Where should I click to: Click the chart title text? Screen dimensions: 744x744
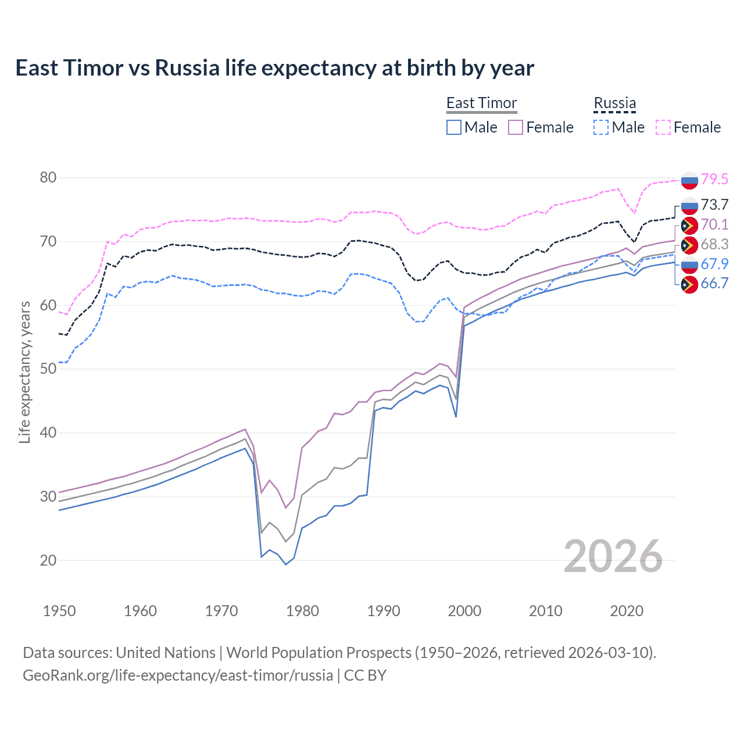274,68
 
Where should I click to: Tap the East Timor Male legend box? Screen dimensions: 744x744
454,127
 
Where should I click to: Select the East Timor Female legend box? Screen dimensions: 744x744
516,127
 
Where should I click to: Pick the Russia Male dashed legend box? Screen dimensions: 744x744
601,127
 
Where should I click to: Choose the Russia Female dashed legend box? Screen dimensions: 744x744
663,127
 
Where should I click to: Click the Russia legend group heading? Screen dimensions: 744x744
614,103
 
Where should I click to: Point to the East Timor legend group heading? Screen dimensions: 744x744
481,103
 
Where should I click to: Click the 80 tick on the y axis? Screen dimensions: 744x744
48,178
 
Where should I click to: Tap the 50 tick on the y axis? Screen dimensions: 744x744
48,369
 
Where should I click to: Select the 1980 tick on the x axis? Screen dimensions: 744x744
302,611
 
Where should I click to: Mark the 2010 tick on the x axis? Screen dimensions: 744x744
545,611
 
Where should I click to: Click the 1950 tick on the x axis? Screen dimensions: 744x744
59,611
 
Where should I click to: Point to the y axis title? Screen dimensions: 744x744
24,372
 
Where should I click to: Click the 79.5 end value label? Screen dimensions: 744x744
714,179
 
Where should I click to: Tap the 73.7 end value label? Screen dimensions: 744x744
714,205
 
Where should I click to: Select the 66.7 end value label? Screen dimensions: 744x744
714,284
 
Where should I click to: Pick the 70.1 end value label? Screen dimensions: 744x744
714,224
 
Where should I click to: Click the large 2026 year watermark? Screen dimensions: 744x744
613,556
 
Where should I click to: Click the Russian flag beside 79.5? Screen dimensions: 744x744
689,180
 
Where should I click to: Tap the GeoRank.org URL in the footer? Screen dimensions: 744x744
177,675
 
